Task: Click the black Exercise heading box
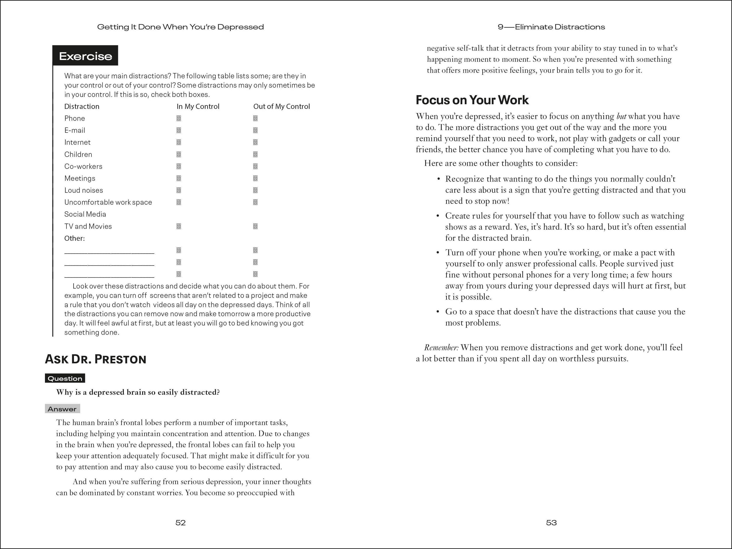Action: click(x=85, y=56)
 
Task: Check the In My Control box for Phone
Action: click(x=179, y=118)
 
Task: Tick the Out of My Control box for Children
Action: click(x=255, y=154)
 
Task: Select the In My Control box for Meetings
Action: click(x=179, y=178)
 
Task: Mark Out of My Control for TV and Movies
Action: click(x=255, y=226)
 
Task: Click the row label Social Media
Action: click(x=85, y=214)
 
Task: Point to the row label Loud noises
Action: click(x=83, y=190)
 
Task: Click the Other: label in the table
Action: click(x=74, y=238)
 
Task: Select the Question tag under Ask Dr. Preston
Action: click(x=65, y=378)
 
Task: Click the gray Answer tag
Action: click(x=62, y=409)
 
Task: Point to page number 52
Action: click(x=180, y=522)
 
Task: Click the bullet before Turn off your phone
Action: click(x=438, y=253)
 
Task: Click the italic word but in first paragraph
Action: click(x=621, y=116)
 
